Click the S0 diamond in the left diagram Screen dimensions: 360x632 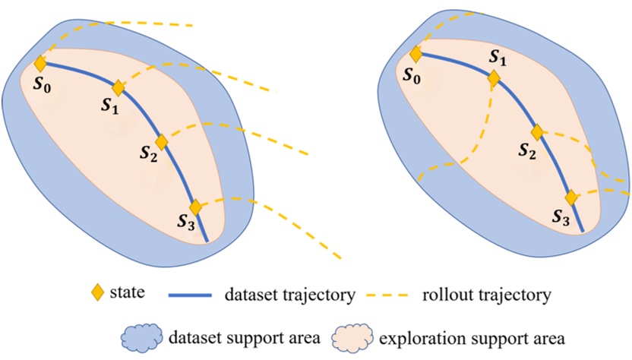tap(40, 64)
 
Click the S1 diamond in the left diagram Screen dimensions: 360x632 tap(118, 88)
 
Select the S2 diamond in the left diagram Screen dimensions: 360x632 tap(161, 142)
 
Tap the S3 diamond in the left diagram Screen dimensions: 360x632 tap(195, 207)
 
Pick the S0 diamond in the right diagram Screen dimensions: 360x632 tap(416, 55)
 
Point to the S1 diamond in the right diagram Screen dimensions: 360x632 tap(494, 78)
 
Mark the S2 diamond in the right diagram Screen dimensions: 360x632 tap(537, 132)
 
